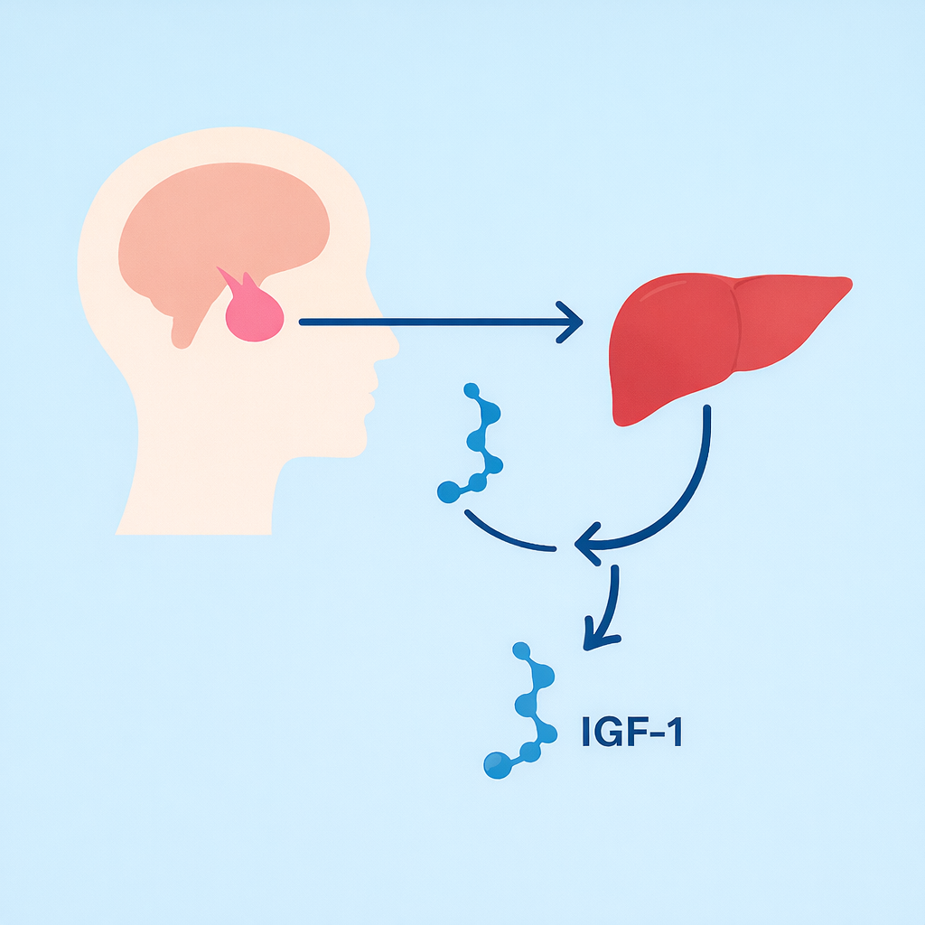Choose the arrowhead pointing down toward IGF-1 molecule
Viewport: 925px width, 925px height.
click(596, 637)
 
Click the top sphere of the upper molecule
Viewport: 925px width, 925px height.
click(470, 390)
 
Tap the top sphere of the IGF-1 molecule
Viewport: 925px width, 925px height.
click(520, 649)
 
